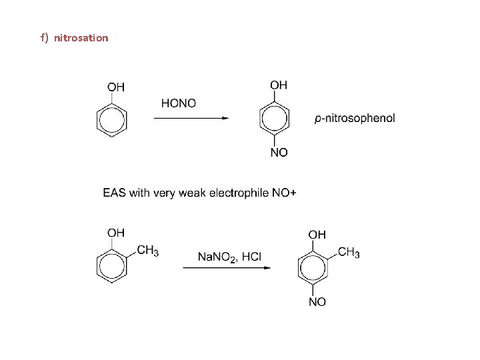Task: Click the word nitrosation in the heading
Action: click(81, 38)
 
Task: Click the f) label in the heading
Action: click(44, 38)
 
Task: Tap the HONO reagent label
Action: click(179, 103)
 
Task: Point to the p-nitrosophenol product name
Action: click(354, 118)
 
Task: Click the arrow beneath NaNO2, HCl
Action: click(226, 268)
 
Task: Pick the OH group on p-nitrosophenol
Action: click(279, 85)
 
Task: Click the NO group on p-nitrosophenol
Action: click(279, 153)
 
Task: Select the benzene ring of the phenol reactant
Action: click(112, 120)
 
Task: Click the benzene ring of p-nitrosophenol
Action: click(274, 119)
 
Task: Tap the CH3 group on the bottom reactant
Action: click(148, 251)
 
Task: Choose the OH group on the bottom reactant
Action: click(116, 233)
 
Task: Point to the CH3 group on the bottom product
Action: click(349, 252)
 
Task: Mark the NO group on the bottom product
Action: click(317, 302)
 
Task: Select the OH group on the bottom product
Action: click(317, 234)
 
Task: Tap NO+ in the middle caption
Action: click(284, 193)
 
